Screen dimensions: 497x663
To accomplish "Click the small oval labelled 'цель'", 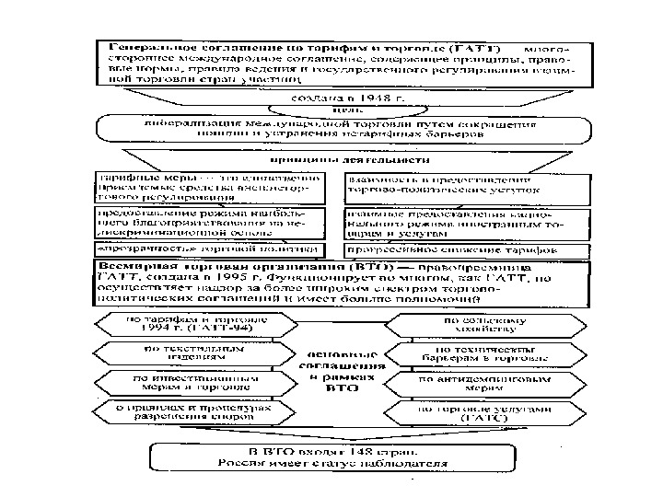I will tap(333, 109).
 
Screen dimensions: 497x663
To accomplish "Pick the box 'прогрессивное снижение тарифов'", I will tap(451, 249).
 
